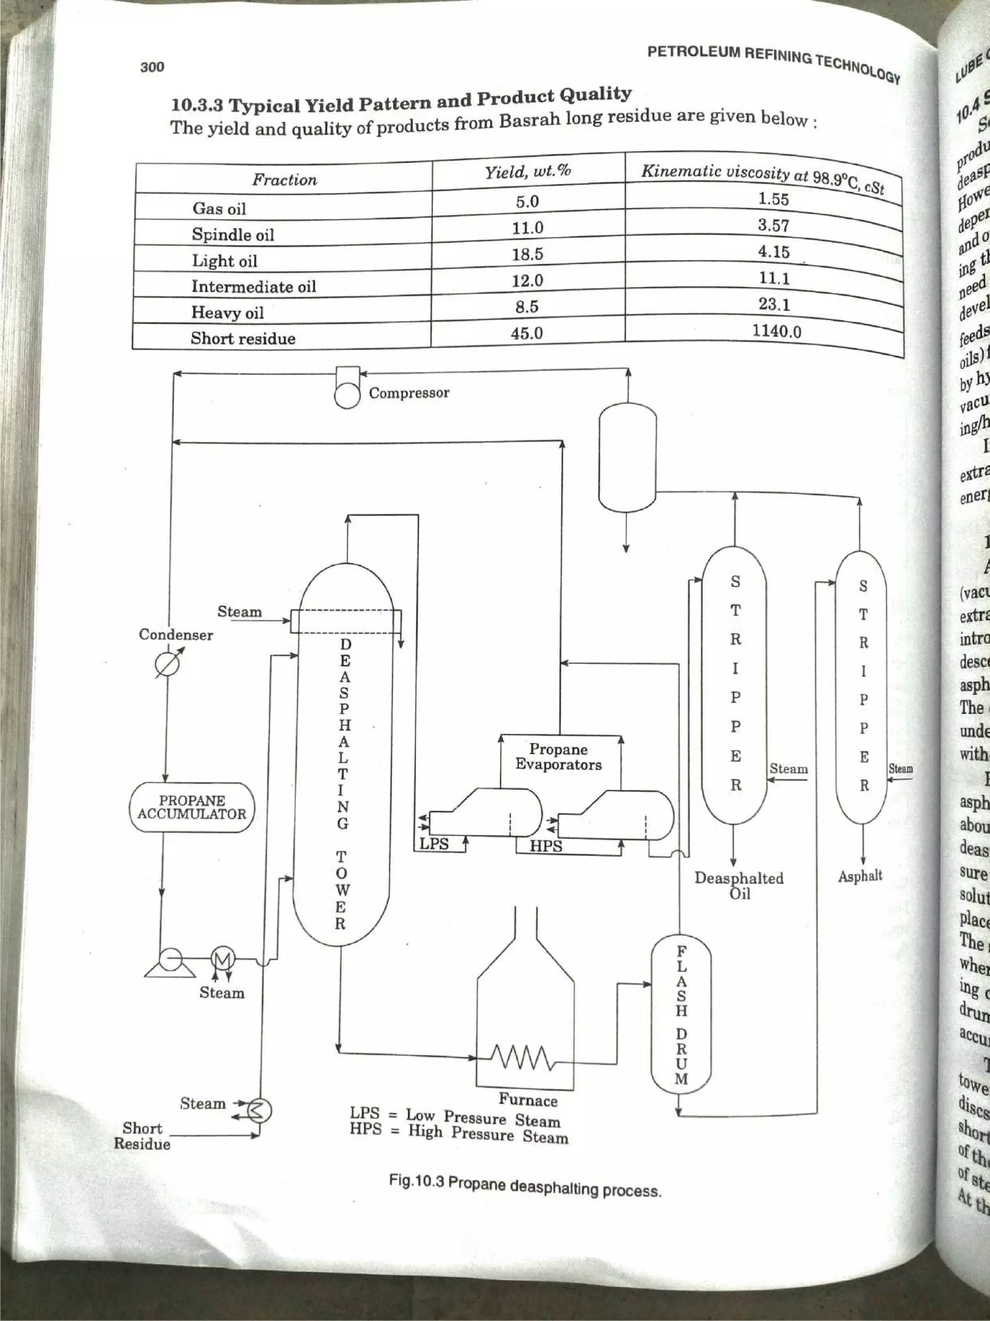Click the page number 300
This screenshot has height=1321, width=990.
(152, 67)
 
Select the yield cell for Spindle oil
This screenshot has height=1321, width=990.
(527, 227)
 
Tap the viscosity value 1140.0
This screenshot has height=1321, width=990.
(776, 330)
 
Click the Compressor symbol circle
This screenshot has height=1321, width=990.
(347, 395)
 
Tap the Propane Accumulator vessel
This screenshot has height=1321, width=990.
(191, 807)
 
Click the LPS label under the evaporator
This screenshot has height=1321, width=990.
(434, 845)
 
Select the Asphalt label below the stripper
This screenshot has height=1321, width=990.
(860, 876)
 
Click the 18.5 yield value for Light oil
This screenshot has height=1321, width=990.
(527, 254)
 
